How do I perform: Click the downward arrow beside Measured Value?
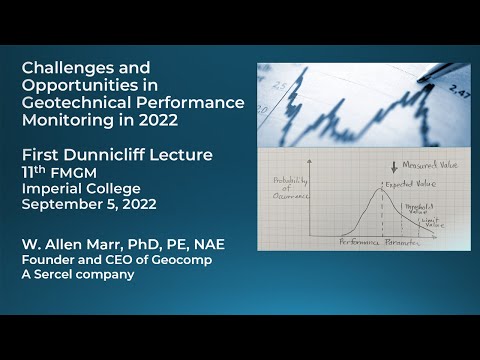click(x=381, y=166)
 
